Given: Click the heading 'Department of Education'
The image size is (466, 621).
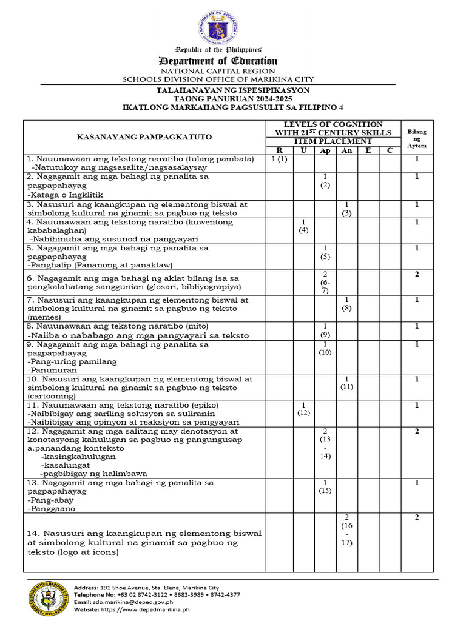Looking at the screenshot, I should pyautogui.click(x=218, y=61).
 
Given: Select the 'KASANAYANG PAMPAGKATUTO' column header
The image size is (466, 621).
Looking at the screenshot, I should pyautogui.click(x=144, y=137).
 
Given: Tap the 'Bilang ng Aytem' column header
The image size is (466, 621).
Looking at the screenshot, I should pyautogui.click(x=417, y=138).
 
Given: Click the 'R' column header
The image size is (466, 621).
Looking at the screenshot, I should pyautogui.click(x=279, y=150).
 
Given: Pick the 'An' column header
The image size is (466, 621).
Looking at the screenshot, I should pyautogui.click(x=346, y=150).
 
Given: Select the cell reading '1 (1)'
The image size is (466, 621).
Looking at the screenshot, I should pyautogui.click(x=279, y=159).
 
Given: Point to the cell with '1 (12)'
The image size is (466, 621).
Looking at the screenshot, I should pyautogui.click(x=303, y=409).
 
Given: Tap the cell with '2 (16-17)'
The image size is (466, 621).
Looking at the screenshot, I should pyautogui.click(x=346, y=530).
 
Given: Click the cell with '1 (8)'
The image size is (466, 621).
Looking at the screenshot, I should pyautogui.click(x=346, y=304).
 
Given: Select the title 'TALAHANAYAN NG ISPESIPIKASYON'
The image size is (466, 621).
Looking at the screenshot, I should pyautogui.click(x=233, y=90).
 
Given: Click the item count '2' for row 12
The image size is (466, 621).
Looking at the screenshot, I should pyautogui.click(x=417, y=431).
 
